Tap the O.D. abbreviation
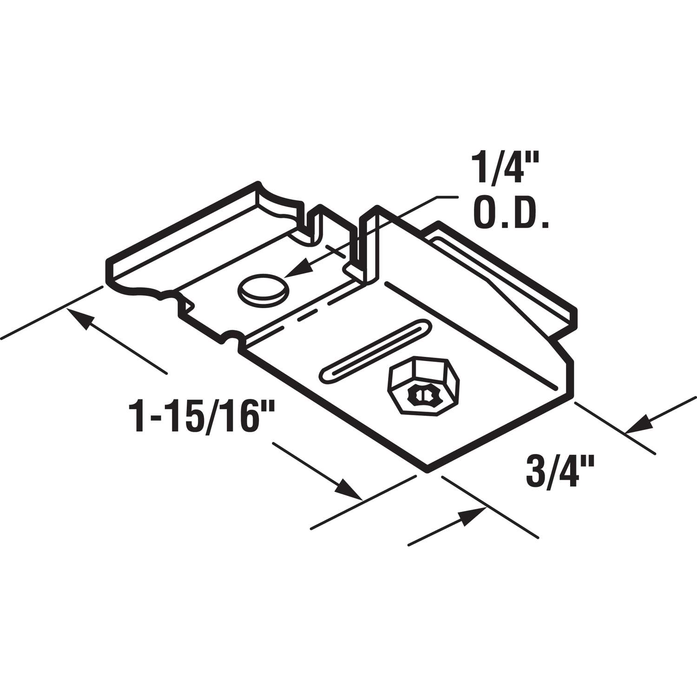pos(510,215)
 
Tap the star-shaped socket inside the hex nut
pos(421,395)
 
